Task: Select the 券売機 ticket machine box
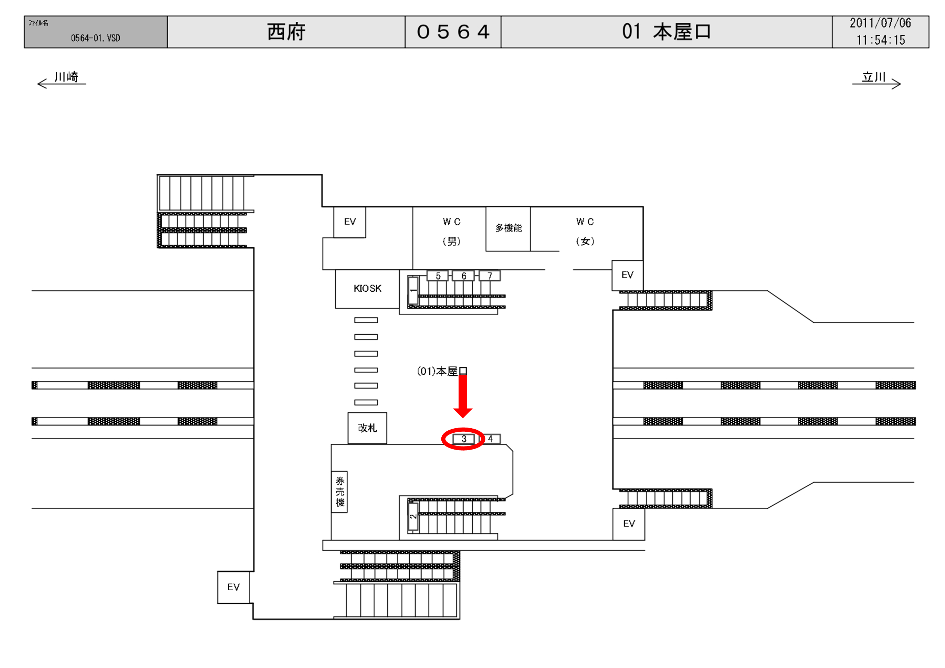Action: (339, 492)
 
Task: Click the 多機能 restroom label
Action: (508, 228)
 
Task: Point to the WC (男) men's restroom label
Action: (452, 231)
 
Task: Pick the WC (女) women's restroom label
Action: (585, 231)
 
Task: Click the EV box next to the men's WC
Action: (350, 222)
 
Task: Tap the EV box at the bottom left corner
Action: (233, 587)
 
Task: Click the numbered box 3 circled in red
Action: (463, 439)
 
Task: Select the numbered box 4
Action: (490, 439)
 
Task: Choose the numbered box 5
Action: (438, 276)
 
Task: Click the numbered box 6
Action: (463, 276)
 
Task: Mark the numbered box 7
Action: (490, 276)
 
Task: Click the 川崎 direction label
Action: (66, 77)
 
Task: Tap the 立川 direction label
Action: (873, 77)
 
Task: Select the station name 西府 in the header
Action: (286, 32)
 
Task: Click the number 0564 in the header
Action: (453, 32)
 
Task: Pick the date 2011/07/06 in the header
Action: (880, 23)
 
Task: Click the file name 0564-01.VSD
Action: (95, 38)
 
